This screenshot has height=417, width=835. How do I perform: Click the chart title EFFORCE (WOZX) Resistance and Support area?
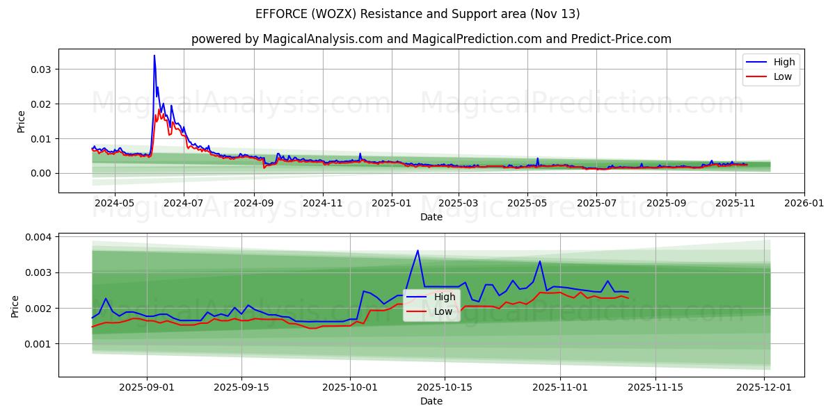tap(417, 14)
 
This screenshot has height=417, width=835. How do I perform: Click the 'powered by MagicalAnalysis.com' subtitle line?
tap(431, 39)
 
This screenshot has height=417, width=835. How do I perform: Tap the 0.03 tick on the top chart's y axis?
tap(40, 69)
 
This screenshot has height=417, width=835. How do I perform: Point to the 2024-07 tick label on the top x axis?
tap(184, 204)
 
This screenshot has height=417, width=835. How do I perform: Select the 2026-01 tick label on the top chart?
tap(804, 204)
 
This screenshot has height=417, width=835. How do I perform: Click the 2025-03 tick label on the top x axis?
tap(459, 204)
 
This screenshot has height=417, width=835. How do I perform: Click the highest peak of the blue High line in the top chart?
tap(154, 56)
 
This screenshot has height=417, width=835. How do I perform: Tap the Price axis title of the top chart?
tap(21, 122)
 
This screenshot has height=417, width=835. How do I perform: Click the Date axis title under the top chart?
tap(431, 217)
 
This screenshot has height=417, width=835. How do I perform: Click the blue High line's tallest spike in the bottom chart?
tap(417, 250)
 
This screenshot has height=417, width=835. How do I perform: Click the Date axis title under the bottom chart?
tap(431, 402)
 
